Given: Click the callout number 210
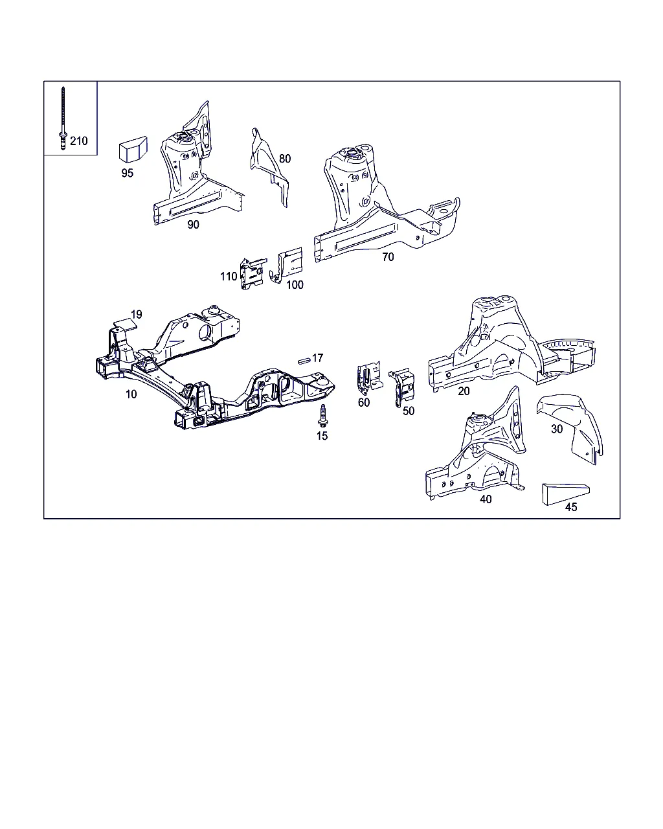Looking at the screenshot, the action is coord(78,141).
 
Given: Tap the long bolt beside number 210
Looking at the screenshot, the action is coord(63,118).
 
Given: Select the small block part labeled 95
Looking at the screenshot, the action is coord(133,149).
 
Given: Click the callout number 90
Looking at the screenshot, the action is coord(193,225).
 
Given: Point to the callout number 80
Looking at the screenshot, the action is coord(285,159).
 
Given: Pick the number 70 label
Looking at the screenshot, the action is coord(388,257).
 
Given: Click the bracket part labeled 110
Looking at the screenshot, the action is coord(253,273).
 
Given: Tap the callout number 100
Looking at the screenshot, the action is coord(295,285).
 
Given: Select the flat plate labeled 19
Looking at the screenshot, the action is coord(125,324).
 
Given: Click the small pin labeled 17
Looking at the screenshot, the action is coord(304,361).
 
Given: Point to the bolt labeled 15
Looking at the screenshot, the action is coord(323,415).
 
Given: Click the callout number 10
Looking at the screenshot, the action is coord(131,394).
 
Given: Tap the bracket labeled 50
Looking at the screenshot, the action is coord(403,387).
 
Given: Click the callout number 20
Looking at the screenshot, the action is coord(464,391).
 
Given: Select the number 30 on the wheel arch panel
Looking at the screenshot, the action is coord(557,429).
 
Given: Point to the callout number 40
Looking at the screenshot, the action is coord(486,499).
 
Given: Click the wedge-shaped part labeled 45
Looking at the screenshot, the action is coord(565,494).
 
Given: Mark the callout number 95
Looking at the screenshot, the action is coord(127,174).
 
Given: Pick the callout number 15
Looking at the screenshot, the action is coord(322,436).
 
